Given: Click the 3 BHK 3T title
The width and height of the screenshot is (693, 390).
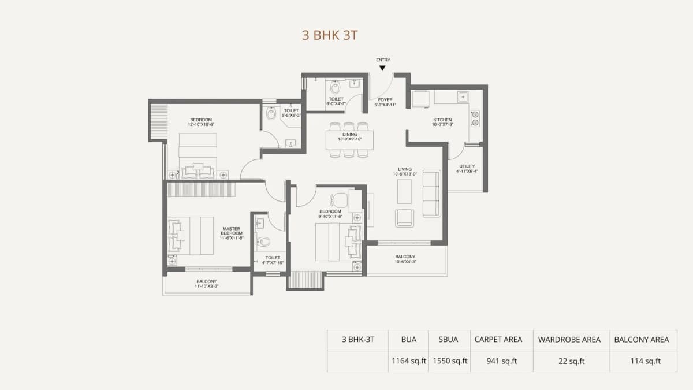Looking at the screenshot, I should tap(330, 35).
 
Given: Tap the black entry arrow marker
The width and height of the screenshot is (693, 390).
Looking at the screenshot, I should tap(382, 68).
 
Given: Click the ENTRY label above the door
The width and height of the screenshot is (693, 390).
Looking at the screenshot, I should tap(382, 60).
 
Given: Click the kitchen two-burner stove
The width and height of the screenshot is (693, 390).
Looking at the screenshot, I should tap(475, 118).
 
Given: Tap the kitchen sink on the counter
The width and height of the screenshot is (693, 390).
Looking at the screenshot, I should tap(463, 96).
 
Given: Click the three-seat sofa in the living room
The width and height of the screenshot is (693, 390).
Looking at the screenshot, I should tap(431, 194).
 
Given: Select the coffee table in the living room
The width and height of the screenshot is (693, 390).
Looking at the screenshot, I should tap(404, 191).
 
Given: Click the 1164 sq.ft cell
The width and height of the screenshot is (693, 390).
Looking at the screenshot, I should tap(408, 362).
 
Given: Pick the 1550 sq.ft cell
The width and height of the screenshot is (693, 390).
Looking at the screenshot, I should tap(448, 362).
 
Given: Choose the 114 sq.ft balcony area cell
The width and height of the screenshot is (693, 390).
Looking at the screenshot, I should tap(645, 362).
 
